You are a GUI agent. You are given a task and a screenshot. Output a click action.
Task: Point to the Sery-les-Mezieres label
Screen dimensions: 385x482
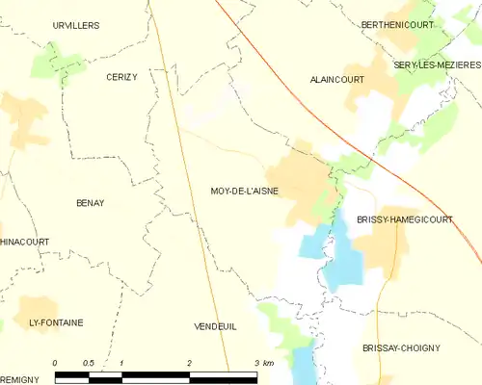click(x=437, y=64)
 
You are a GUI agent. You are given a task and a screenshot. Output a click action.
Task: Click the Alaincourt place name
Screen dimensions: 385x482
click(x=336, y=80)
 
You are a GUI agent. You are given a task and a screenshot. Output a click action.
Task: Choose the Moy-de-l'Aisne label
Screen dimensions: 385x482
click(x=244, y=191)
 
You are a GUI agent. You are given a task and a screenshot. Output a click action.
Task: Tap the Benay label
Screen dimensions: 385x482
click(x=90, y=203)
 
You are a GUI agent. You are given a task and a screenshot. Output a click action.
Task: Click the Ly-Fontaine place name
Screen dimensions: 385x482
click(x=56, y=321)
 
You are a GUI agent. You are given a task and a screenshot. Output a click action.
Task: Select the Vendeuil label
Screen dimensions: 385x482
click(x=215, y=326)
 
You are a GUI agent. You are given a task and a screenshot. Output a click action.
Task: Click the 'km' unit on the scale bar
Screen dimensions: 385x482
click(x=268, y=363)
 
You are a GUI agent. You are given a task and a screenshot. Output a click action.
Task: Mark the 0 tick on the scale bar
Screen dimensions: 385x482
click(x=55, y=363)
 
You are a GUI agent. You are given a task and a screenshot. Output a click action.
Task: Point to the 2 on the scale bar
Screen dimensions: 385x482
click(x=190, y=363)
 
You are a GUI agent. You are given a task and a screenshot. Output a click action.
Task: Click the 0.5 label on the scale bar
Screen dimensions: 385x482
click(x=88, y=363)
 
